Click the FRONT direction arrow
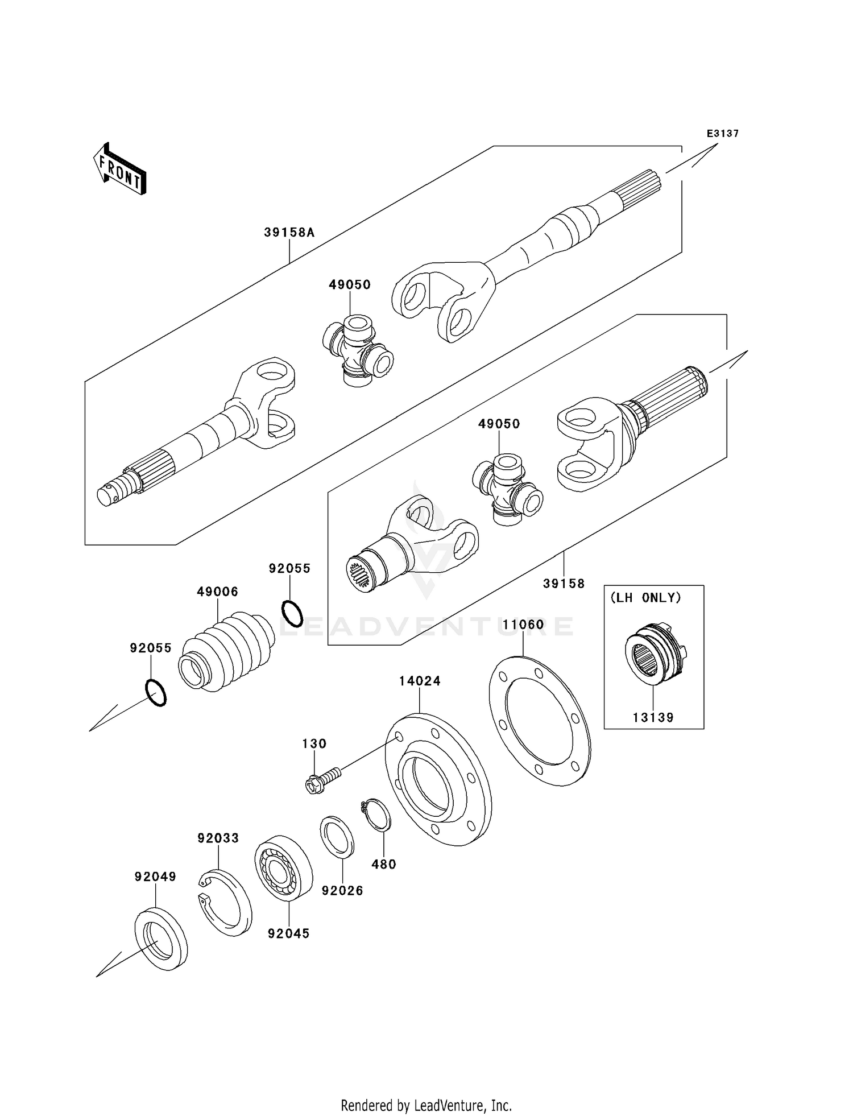(120, 169)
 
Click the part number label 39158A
(289, 233)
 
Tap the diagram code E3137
(722, 134)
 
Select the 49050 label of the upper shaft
(350, 285)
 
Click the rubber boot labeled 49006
(227, 652)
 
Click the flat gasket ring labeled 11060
(540, 721)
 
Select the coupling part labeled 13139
(654, 656)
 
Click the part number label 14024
(420, 681)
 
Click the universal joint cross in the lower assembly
(507, 489)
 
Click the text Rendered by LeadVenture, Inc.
(426, 1105)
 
